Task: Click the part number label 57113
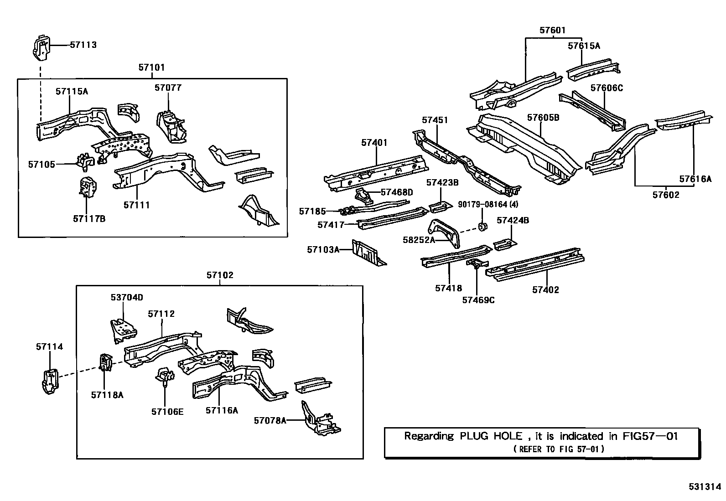click(x=83, y=45)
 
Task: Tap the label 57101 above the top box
click(x=151, y=67)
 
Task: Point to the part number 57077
click(x=168, y=88)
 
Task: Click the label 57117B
click(x=89, y=219)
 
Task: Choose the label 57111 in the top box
click(x=136, y=205)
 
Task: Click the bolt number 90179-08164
click(x=488, y=204)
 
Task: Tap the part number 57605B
click(x=543, y=118)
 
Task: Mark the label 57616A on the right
click(x=695, y=179)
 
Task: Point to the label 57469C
click(x=478, y=300)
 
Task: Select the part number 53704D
click(x=127, y=297)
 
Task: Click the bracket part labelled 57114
click(x=49, y=381)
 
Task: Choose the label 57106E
click(x=167, y=412)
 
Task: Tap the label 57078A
click(x=270, y=420)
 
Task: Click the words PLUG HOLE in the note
click(x=490, y=436)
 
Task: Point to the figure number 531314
click(x=705, y=486)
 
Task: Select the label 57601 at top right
click(x=552, y=31)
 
